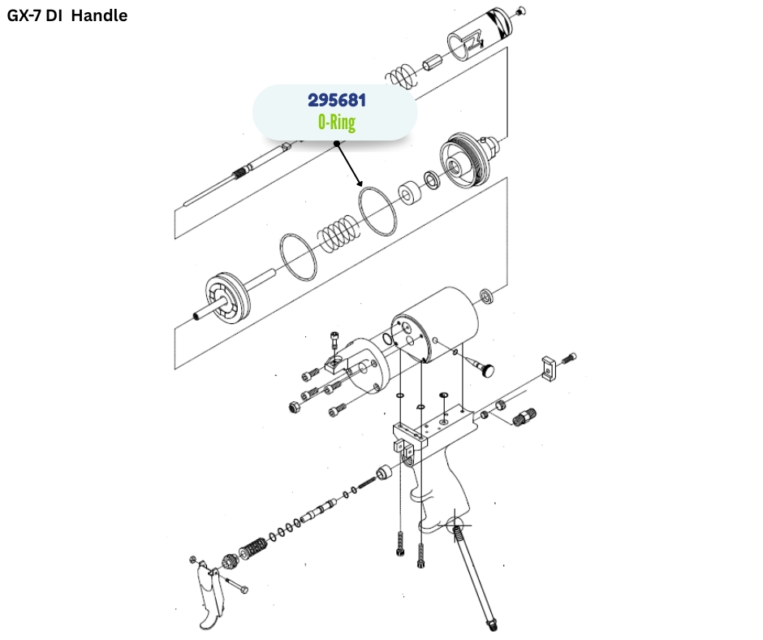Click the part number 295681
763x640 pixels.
[x=337, y=101]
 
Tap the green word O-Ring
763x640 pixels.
[x=337, y=123]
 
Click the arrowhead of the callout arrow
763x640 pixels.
[x=360, y=184]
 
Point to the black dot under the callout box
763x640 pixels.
[x=336, y=144]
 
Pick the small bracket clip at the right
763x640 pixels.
[x=550, y=366]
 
